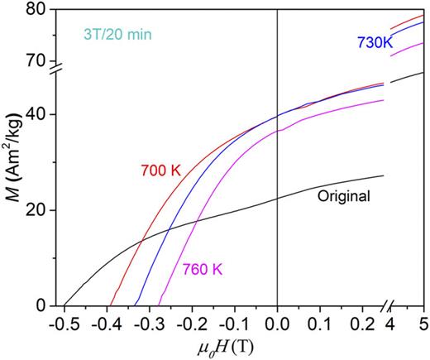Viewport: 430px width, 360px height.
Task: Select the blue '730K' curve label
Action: pos(375,42)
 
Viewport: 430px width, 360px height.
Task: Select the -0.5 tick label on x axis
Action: pos(61,320)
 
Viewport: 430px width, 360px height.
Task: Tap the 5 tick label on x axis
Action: pos(423,320)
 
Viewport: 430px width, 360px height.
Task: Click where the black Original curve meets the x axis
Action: pos(64,305)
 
